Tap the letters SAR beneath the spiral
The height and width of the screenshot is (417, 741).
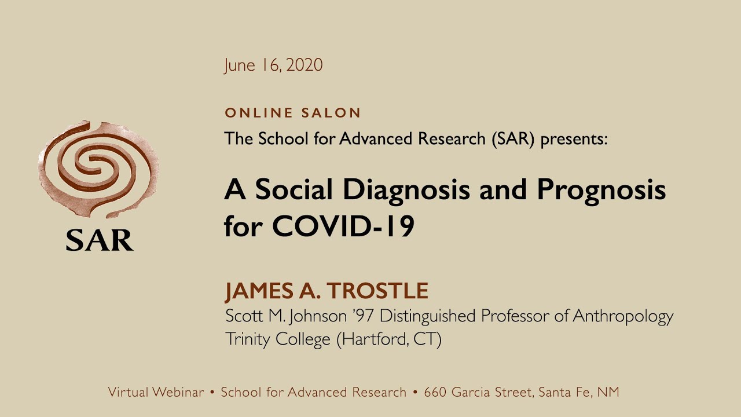tap(100, 239)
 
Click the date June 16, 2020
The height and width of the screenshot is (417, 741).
tap(273, 65)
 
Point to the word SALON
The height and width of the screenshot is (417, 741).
tap(331, 113)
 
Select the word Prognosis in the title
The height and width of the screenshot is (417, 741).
tap(601, 191)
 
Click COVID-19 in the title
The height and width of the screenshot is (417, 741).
tap(343, 227)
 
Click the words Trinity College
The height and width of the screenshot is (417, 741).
tap(277, 339)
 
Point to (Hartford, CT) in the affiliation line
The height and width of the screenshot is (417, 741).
tap(389, 339)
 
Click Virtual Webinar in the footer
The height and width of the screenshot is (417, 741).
tap(156, 392)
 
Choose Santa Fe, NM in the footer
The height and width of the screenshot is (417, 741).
tap(579, 392)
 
